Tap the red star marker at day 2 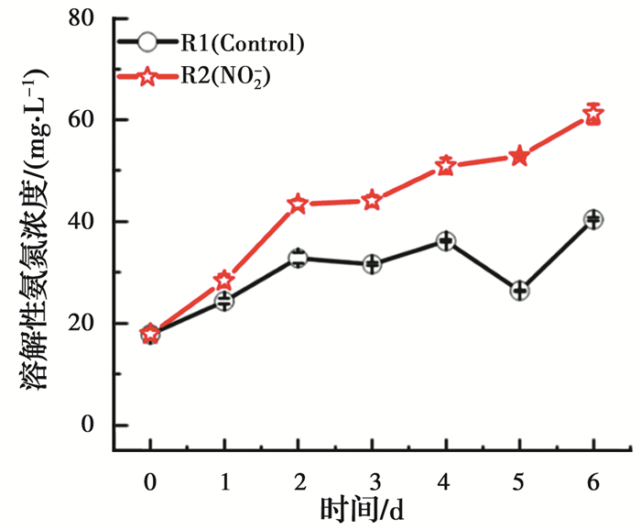pyautogui.click(x=298, y=204)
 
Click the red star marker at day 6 pyautogui.click(x=593, y=116)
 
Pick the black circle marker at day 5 pyautogui.click(x=519, y=291)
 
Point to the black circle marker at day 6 pyautogui.click(x=593, y=219)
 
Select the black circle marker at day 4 pyautogui.click(x=446, y=241)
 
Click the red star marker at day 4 pyautogui.click(x=446, y=166)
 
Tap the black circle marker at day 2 pyautogui.click(x=298, y=259)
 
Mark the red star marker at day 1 pyautogui.click(x=223, y=281)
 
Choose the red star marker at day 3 pyautogui.click(x=372, y=201)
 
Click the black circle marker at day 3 pyautogui.click(x=372, y=264)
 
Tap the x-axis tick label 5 pyautogui.click(x=519, y=480)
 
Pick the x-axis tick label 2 pyautogui.click(x=298, y=480)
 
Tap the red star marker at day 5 pyautogui.click(x=519, y=156)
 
